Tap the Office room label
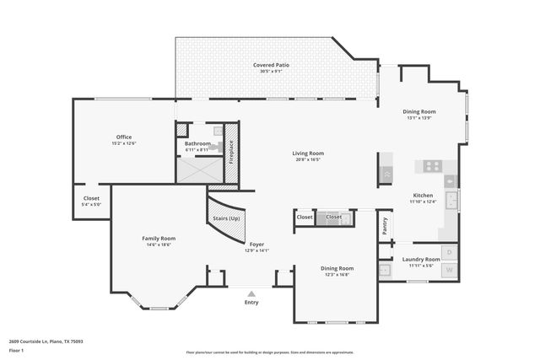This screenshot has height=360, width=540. (x=124, y=137)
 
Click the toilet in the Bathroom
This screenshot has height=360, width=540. (x=217, y=132)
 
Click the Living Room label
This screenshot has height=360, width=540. (x=308, y=153)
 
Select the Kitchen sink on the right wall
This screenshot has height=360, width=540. (x=451, y=201)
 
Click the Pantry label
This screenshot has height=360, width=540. (x=385, y=225)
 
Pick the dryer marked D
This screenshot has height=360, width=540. (x=450, y=252)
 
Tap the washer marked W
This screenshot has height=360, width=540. (x=450, y=271)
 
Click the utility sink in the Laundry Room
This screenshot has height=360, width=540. (x=385, y=271)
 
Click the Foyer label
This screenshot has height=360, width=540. (x=256, y=244)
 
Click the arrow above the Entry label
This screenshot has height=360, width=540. (x=251, y=293)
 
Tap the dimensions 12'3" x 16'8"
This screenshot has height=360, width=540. (x=336, y=274)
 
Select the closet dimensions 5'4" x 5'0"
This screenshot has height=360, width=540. (x=90, y=204)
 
